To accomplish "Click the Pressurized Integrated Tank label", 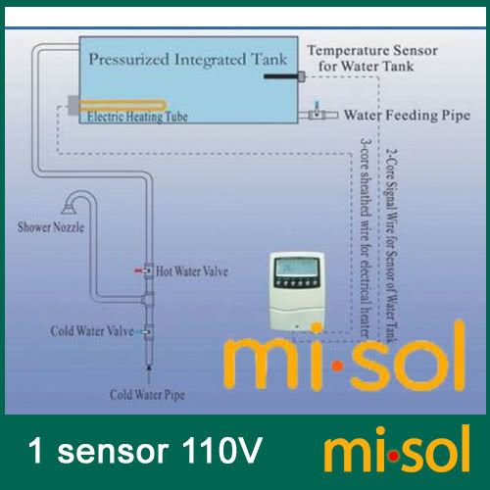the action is pos(188,60).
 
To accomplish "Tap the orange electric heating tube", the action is pos(123,105).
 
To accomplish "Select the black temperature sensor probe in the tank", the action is pos(281,76).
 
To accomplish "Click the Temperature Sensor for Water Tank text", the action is pos(372,58).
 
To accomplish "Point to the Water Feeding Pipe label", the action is pos(407,115).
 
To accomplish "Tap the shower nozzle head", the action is pos(69,207).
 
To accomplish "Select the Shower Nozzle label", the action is pos(51,227).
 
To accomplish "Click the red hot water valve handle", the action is pos(139,270).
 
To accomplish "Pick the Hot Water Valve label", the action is pos(192,271).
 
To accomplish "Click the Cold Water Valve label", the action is pos(92,331).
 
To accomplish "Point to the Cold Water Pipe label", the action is pos(147,395).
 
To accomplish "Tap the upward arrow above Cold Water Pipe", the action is pos(149,374).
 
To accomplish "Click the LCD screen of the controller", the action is pos(297,268).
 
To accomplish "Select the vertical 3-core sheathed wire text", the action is pos(366,238).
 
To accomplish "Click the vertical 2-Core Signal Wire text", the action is pos(391,245).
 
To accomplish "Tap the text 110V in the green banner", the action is pos(221,450).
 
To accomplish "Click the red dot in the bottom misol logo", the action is pos(394,456).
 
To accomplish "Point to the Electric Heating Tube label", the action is pos(137,117).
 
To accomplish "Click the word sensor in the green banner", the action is pos(113,453).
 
